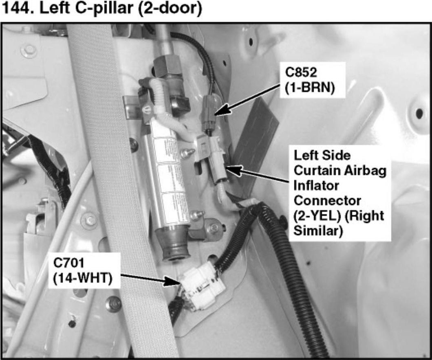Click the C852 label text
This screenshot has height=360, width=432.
(x=301, y=72)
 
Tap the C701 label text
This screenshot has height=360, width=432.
(x=68, y=263)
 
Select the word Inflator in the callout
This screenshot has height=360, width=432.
(x=316, y=186)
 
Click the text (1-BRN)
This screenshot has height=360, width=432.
(x=310, y=88)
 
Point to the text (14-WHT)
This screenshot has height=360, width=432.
(x=83, y=279)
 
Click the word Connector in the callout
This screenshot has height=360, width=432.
(x=327, y=200)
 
